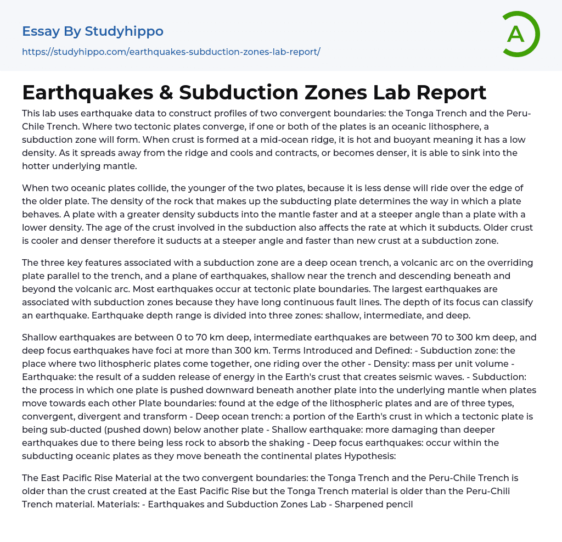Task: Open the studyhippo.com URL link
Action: click(171, 52)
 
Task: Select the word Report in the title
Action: click(451, 92)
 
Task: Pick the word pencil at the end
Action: click(398, 504)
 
